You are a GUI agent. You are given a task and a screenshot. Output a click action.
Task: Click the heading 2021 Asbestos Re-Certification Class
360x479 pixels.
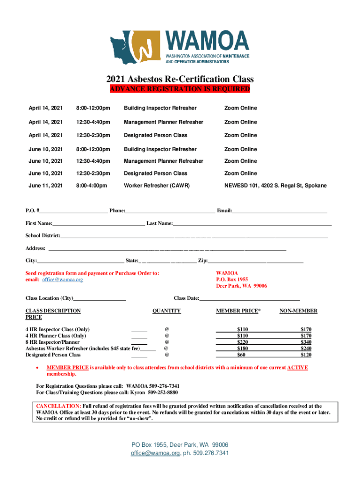point(180,80)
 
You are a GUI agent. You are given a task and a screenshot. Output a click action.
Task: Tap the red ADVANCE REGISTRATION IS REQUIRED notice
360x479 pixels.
point(180,89)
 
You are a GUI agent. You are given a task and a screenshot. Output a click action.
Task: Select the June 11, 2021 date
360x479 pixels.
point(45,186)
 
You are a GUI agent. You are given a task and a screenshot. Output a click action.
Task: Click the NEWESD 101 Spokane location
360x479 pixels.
point(275,186)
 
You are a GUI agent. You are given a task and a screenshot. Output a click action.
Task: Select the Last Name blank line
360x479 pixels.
point(252,224)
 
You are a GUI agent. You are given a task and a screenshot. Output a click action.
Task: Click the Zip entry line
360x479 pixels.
point(255,260)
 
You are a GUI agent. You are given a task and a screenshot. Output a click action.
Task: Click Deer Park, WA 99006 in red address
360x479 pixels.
point(241,286)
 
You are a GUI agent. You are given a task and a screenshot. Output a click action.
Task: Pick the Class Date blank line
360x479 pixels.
point(250,298)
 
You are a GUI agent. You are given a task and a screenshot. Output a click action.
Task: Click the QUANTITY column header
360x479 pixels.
point(166,311)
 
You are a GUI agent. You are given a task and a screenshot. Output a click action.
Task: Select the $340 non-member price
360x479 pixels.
point(306,342)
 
